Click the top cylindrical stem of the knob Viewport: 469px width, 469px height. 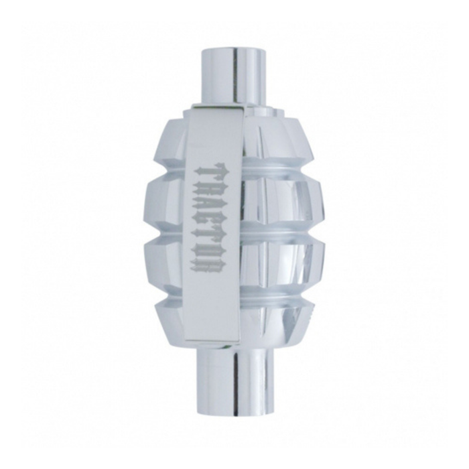(x=234, y=74)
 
